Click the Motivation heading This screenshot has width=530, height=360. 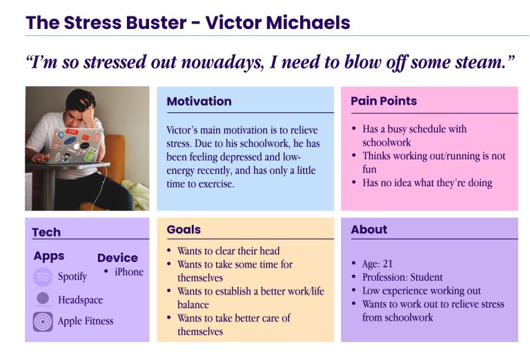tap(199, 101)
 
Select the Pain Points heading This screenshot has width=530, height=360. tap(384, 101)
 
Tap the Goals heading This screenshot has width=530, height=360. tap(184, 230)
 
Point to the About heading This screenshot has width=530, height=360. tap(369, 230)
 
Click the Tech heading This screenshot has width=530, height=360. tap(46, 232)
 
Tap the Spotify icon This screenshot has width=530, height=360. tap(43, 277)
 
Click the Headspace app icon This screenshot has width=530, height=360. tap(43, 299)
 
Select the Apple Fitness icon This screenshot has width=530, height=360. tap(43, 321)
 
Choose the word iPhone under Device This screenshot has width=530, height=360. tap(129, 272)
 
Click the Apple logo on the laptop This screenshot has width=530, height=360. tap(77, 146)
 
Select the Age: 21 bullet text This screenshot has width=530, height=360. tap(377, 263)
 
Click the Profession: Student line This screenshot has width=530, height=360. tap(402, 277)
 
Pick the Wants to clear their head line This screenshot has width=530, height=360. tap(228, 251)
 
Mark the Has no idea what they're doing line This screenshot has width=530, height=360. tap(427, 183)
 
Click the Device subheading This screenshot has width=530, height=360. tap(117, 258)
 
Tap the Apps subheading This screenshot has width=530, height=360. tap(49, 257)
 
